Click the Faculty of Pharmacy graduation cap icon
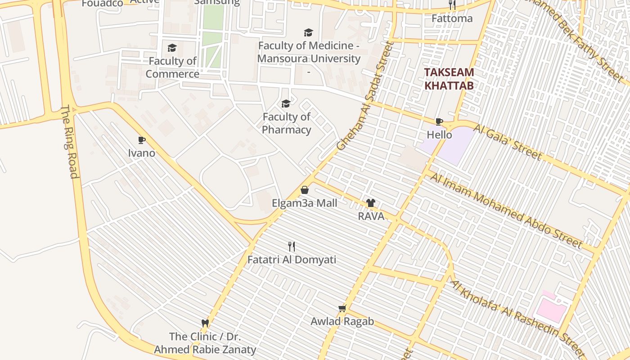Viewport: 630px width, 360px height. [286, 104]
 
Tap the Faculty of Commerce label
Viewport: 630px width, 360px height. [173, 67]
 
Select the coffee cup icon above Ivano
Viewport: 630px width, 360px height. [142, 140]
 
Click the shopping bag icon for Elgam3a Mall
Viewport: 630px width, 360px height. [304, 190]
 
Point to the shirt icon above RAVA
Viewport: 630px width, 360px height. [370, 203]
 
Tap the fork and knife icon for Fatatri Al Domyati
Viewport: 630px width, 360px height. [292, 246]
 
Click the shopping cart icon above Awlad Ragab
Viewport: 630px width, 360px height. [342, 308]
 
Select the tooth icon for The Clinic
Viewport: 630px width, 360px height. [205, 323]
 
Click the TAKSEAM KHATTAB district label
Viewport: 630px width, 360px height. [449, 79]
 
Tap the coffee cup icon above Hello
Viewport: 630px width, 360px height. [439, 121]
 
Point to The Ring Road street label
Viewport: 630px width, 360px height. [70, 142]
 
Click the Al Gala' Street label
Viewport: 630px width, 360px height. [507, 142]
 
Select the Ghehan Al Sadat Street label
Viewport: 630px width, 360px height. [365, 96]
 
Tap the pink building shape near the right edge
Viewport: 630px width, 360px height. [550, 310]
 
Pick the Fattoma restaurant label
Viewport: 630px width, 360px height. [452, 18]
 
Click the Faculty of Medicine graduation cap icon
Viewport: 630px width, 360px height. [308, 32]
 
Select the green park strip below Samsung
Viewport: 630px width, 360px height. [212, 36]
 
